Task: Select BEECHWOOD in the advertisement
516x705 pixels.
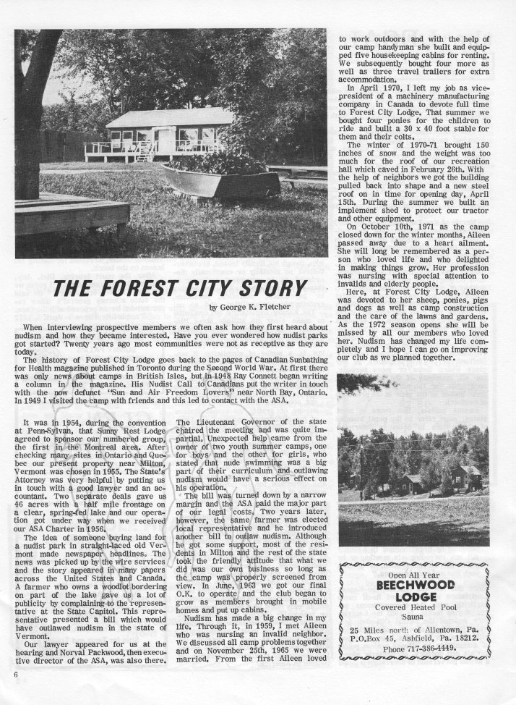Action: point(414,584)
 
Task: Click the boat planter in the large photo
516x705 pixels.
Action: point(221,182)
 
